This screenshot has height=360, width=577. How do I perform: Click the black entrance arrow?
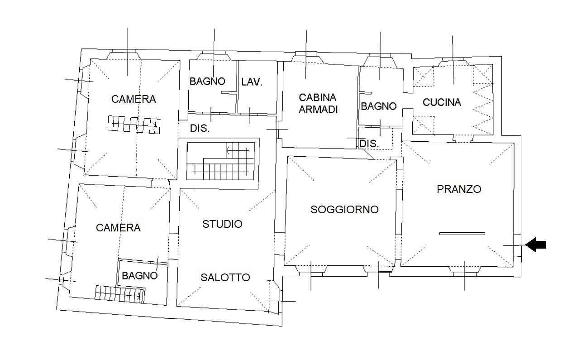[x=536, y=245]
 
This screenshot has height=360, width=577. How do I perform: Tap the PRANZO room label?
[x=459, y=189]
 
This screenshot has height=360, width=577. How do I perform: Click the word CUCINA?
[x=442, y=102]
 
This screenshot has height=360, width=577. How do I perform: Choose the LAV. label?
[x=252, y=82]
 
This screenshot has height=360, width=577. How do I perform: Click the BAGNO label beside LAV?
[x=207, y=82]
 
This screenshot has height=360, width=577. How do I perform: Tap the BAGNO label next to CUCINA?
[x=378, y=106]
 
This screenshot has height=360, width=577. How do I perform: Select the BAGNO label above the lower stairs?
[x=140, y=275]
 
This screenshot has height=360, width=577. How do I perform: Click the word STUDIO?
[x=222, y=224]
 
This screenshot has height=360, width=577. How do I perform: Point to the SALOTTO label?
[x=225, y=278]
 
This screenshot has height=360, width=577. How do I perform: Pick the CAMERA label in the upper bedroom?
[x=134, y=99]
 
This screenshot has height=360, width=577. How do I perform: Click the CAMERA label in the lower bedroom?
[x=118, y=228]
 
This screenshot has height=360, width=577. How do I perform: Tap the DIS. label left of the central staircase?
[x=200, y=129]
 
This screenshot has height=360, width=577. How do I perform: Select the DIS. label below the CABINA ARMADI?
[x=368, y=144]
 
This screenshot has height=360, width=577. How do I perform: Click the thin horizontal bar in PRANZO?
[x=462, y=234]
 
